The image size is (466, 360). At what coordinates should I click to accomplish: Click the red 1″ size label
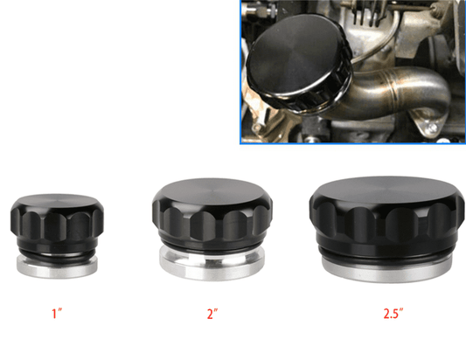pyautogui.click(x=57, y=314)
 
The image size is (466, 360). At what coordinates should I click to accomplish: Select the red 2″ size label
pyautogui.click(x=212, y=314)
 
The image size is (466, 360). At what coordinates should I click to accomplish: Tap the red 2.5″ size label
pyautogui.click(x=393, y=314)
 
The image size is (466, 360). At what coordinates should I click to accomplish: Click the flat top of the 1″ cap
pyautogui.click(x=57, y=201)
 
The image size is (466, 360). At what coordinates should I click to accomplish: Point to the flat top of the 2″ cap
pyautogui.click(x=212, y=190)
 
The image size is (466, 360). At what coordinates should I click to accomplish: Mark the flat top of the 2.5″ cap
pyautogui.click(x=386, y=190)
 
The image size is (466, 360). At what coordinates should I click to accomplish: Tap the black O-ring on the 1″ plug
pyautogui.click(x=57, y=257)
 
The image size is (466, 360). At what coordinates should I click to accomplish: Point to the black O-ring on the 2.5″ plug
pyautogui.click(x=386, y=259)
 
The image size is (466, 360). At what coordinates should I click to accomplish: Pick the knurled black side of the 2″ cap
pyautogui.click(x=212, y=220)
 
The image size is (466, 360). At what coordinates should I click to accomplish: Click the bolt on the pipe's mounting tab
pyautogui.click(x=433, y=128)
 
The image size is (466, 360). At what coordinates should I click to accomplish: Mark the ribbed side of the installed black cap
pyautogui.click(x=312, y=98)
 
